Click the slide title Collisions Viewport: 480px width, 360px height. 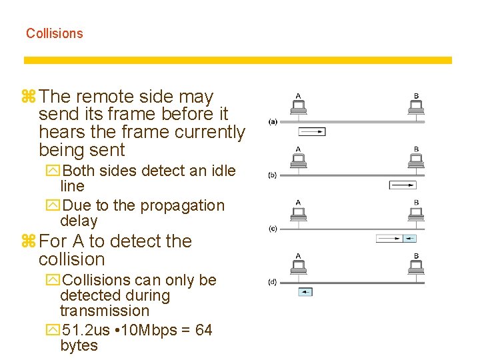[x=55, y=33]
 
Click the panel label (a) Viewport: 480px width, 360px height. [x=273, y=122]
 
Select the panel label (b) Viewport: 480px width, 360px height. [x=273, y=175]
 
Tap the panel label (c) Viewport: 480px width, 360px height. [x=273, y=229]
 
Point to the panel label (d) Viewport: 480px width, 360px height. [x=273, y=282]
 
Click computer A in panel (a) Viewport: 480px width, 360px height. [x=298, y=107]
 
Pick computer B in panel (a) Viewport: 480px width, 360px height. [x=416, y=107]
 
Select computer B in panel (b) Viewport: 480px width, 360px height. [x=416, y=160]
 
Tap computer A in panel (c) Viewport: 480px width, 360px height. [x=298, y=213]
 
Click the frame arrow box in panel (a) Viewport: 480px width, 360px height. [x=312, y=132]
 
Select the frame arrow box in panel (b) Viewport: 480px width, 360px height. [x=402, y=185]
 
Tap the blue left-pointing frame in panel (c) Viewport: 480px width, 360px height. [x=409, y=238]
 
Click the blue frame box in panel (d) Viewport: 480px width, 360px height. [x=305, y=291]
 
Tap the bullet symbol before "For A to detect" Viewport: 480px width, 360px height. [x=29, y=241]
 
